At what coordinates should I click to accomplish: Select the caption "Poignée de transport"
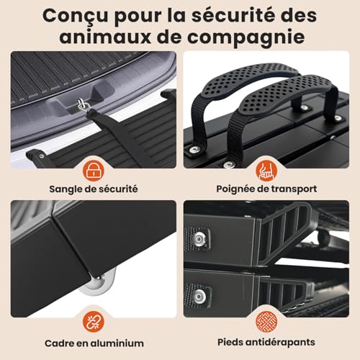pos(268,189)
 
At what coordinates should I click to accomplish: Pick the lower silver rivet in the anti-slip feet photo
pos(199,295)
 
